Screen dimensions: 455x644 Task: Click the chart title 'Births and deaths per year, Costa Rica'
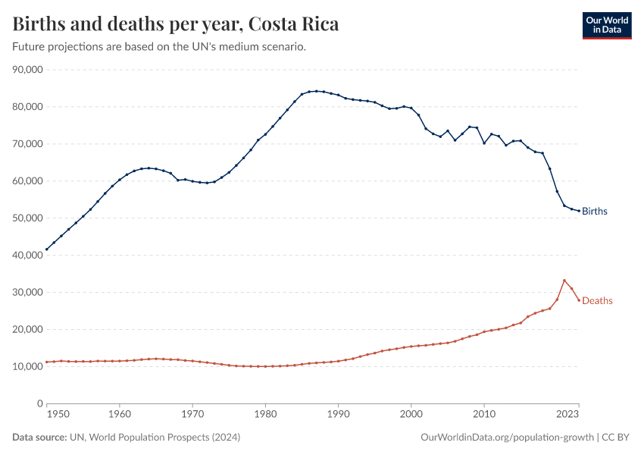pos(176,24)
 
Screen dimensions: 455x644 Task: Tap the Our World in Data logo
pos(606,25)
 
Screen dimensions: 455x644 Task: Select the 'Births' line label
pos(595,212)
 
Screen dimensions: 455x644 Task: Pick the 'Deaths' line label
pos(597,301)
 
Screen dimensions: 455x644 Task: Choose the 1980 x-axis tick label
pos(265,416)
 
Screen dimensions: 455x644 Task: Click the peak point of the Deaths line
pos(564,281)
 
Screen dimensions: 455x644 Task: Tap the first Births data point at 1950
pos(47,249)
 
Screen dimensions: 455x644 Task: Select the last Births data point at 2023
pos(579,211)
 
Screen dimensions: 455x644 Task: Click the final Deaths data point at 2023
pos(579,300)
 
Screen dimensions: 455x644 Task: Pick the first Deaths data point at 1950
pos(47,362)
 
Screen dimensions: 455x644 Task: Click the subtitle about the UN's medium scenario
pos(159,47)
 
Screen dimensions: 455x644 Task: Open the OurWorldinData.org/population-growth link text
pos(506,438)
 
